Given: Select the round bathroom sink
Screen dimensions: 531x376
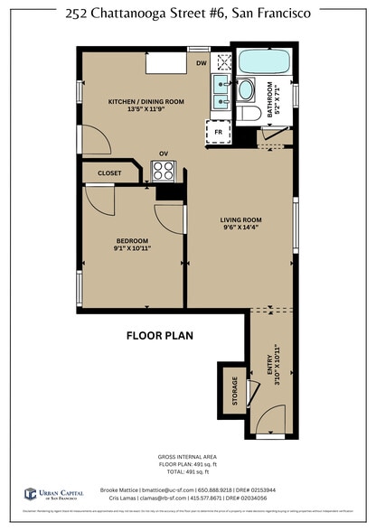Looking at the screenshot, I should (246, 90).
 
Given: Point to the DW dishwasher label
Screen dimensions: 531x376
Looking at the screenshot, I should (202, 63).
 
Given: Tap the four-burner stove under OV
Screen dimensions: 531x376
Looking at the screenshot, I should (164, 170).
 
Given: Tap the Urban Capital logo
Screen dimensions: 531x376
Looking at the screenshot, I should (53, 494).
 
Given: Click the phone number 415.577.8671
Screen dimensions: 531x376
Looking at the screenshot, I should (228, 498).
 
